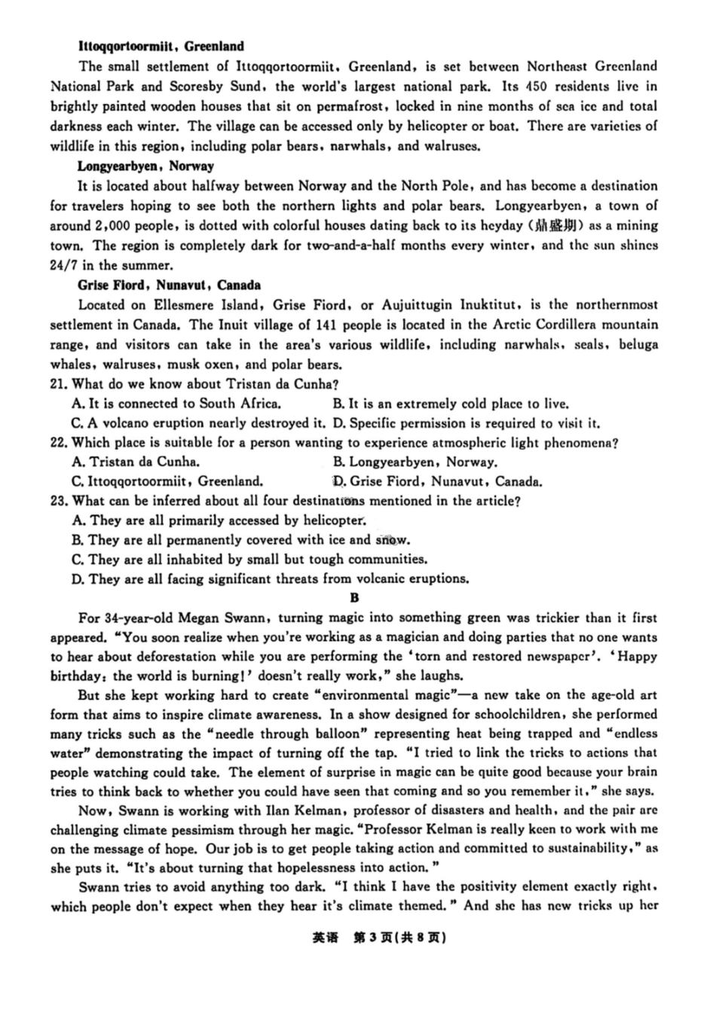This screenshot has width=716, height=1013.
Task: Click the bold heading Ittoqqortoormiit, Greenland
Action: (x=161, y=46)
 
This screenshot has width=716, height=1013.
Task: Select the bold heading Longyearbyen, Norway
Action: (x=145, y=166)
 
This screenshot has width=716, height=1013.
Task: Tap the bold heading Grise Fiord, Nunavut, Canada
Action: (x=169, y=285)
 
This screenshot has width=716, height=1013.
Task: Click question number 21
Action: (x=59, y=384)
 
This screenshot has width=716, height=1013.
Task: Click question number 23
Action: (x=59, y=501)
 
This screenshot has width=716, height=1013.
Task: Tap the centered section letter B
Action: (x=355, y=598)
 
